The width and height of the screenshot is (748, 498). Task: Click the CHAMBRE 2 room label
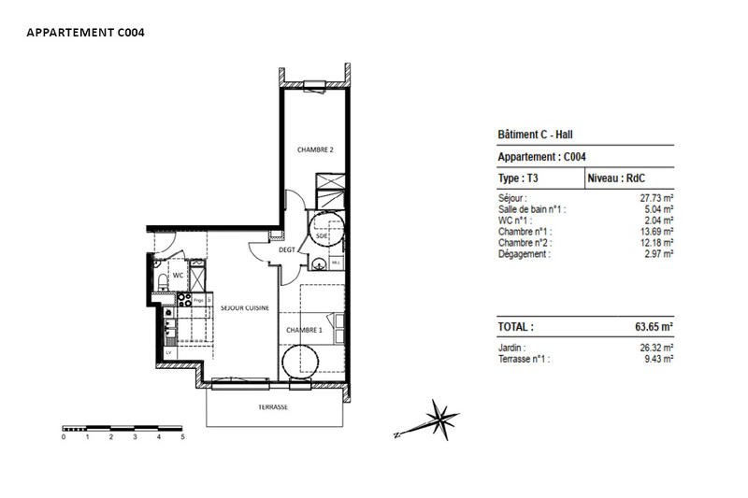tap(315, 149)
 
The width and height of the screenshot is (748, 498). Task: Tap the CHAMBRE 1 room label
tap(304, 330)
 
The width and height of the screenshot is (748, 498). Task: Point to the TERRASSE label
tap(273, 408)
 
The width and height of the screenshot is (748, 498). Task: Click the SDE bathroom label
tap(321, 238)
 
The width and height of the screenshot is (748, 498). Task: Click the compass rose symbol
tap(438, 416)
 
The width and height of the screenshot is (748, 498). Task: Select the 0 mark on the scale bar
tap(64, 436)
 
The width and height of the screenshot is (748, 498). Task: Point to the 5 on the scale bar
tap(182, 436)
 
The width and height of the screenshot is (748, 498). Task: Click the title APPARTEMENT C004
tap(85, 32)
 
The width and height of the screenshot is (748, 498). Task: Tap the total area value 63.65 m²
tap(649, 328)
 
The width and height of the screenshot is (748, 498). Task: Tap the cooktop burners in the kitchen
tap(185, 301)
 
